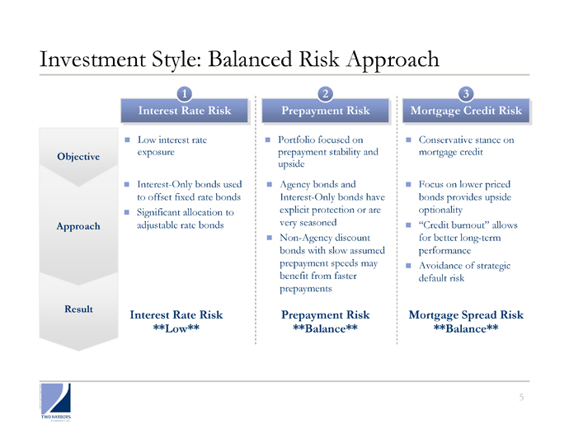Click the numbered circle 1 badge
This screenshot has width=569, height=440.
pos(185,94)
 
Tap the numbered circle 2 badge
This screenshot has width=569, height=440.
pos(325,94)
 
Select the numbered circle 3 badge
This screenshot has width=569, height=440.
pos(466,94)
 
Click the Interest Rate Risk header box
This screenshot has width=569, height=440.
pos(185,111)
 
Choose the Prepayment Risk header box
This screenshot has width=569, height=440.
pos(326,111)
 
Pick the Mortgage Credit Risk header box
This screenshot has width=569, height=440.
pos(466,111)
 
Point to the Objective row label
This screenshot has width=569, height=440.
pos(78,157)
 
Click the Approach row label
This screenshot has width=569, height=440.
pos(78,226)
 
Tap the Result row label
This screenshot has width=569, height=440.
pos(78,309)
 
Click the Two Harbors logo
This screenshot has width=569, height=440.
pos(55,402)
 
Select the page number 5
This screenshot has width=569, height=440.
pos(521,397)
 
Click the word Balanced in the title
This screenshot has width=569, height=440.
pos(250,59)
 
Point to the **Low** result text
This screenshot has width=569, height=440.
pos(176,329)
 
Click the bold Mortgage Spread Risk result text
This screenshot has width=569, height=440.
pos(466,315)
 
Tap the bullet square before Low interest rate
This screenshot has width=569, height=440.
pos(127,140)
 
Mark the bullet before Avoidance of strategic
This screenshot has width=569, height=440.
pos(408,266)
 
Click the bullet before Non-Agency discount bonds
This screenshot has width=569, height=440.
pos(270,238)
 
